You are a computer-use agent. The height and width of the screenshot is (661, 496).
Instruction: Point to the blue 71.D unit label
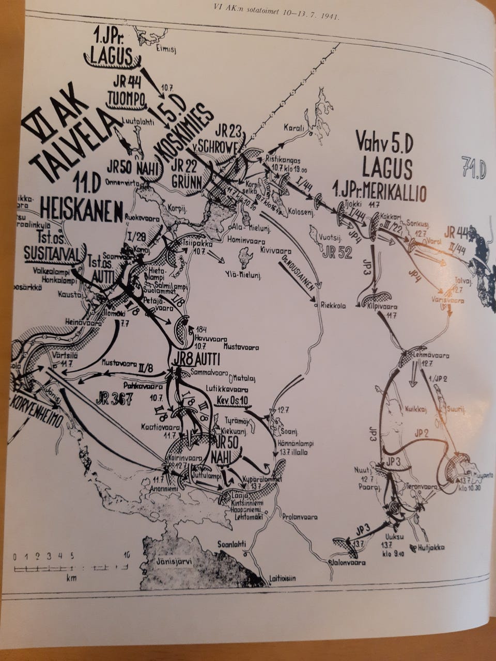pos(473,170)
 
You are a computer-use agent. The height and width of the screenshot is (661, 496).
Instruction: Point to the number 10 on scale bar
pos(126,556)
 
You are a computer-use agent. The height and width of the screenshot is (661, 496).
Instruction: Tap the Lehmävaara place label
pos(432,356)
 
